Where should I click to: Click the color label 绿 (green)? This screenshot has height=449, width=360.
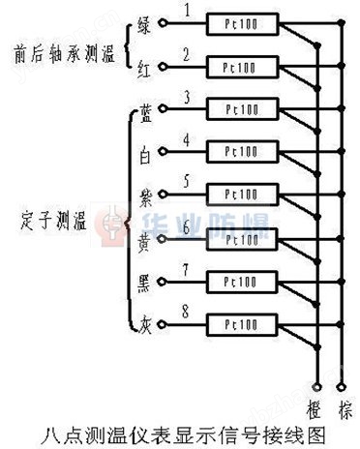144,23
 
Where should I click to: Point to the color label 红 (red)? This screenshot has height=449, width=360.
144,66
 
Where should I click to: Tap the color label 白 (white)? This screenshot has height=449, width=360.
144,150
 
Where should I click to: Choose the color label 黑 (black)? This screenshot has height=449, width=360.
144,280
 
